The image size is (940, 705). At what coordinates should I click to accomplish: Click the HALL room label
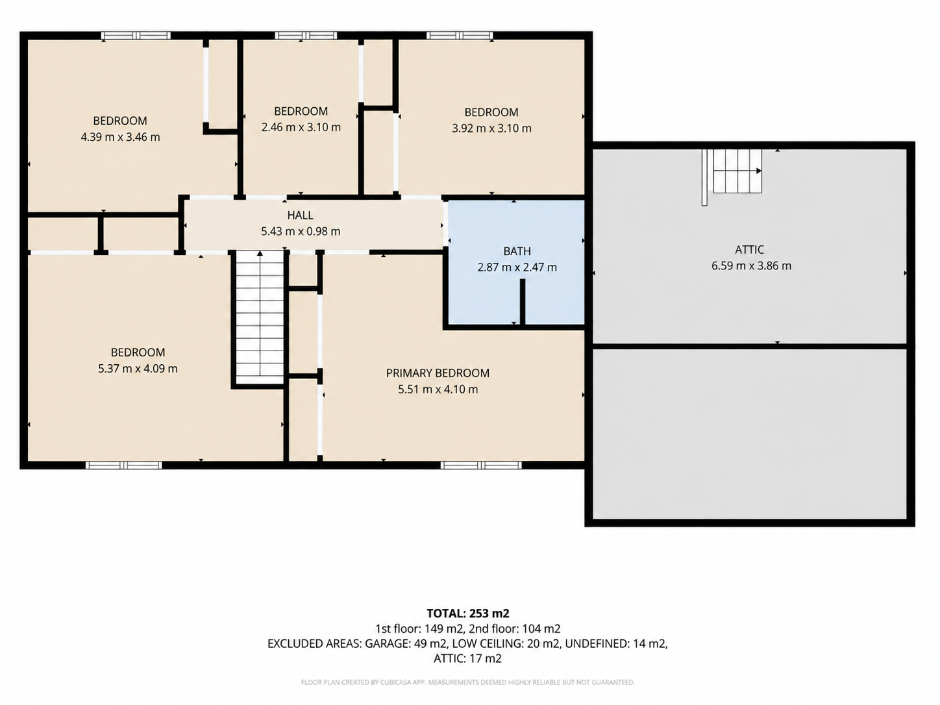[x=300, y=215]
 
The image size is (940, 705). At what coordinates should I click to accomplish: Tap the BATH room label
[x=517, y=251]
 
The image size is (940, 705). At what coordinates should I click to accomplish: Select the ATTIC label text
[x=749, y=249]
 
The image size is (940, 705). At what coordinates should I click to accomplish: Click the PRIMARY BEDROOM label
[x=438, y=373]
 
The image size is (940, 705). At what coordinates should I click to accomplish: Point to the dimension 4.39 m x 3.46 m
[x=120, y=137]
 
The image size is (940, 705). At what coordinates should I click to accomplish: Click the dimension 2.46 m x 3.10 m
[x=301, y=127]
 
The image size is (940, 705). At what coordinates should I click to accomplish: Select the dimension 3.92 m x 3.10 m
[x=491, y=128]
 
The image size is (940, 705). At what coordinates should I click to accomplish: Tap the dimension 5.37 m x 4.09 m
[x=138, y=369]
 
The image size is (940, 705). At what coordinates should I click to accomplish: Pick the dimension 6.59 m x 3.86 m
[x=752, y=266]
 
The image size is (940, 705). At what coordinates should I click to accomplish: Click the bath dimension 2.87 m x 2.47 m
[x=517, y=267]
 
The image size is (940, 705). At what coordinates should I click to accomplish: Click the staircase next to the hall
[x=260, y=317]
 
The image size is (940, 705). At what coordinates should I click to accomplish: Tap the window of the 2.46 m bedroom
[x=306, y=36]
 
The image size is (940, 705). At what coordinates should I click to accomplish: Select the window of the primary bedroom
[x=481, y=465]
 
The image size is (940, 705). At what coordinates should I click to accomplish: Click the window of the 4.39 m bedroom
[x=136, y=36]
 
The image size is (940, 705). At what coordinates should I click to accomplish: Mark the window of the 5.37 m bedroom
[x=124, y=465]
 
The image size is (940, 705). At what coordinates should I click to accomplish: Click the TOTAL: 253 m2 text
[x=468, y=613]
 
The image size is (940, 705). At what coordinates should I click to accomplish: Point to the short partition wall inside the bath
[x=523, y=302]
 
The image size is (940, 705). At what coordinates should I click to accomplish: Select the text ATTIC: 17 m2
[x=467, y=658]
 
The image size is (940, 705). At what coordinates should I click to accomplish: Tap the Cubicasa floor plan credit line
[x=467, y=682]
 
